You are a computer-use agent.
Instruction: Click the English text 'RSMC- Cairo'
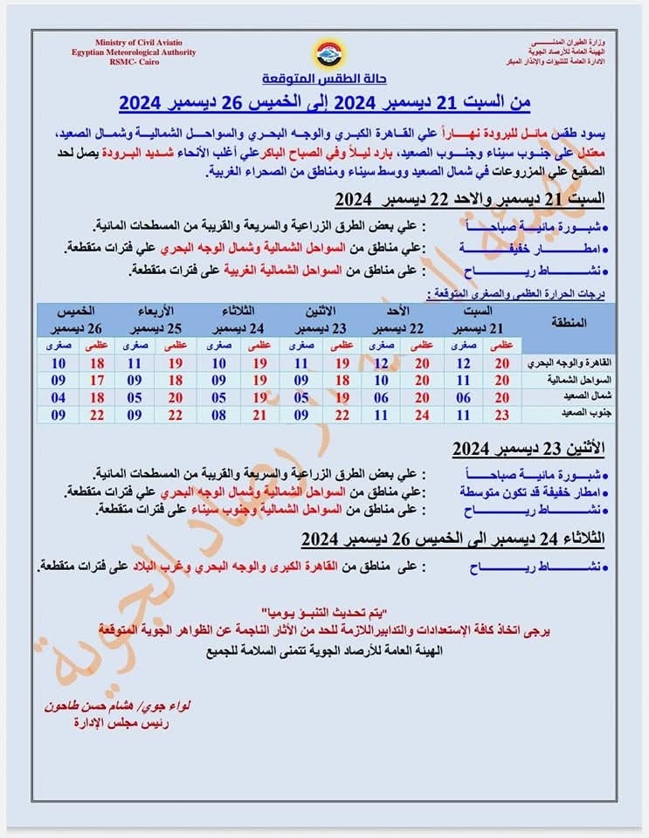pos(134,62)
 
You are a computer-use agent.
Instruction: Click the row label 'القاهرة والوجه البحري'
pos(571,362)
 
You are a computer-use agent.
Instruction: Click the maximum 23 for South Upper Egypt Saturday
pos(502,415)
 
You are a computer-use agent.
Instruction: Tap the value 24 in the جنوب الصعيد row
pos(422,415)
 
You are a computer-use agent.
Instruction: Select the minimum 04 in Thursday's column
pos(59,397)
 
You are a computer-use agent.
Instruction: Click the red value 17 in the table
pos(98,380)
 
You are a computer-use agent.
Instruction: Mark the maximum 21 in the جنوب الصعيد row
pos(259,415)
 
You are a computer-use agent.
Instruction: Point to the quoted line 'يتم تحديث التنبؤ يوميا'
pos(322,608)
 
